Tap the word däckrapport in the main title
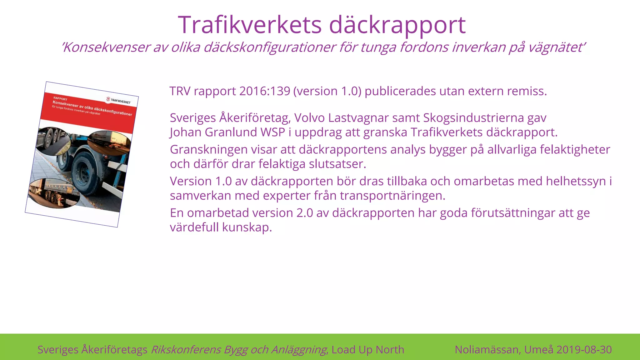pyautogui.click(x=397, y=25)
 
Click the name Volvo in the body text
pyautogui.click(x=309, y=118)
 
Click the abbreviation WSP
pyautogui.click(x=273, y=132)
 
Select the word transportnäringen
pyautogui.click(x=392, y=196)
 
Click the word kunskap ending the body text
pyautogui.click(x=247, y=227)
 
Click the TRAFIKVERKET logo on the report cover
pyautogui.click(x=118, y=100)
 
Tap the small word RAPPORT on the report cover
pyautogui.click(x=60, y=99)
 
